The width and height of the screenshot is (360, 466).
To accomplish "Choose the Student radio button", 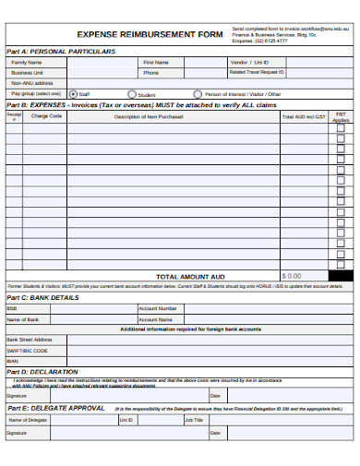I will pyautogui.click(x=131, y=94).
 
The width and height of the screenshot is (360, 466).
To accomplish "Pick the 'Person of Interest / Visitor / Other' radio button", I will pyautogui.click(x=198, y=94).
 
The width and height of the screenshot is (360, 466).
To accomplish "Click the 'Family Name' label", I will pyautogui.click(x=27, y=62).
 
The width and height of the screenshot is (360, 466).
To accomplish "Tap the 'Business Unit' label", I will pyautogui.click(x=27, y=72).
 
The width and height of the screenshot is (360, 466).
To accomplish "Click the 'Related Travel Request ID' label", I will pyautogui.click(x=257, y=72).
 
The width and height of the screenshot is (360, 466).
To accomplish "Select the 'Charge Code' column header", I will pyautogui.click(x=46, y=117).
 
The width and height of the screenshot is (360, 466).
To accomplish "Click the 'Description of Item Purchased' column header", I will pyautogui.click(x=148, y=117).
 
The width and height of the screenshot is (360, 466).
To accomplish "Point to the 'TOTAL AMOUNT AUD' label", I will pyautogui.click(x=190, y=276).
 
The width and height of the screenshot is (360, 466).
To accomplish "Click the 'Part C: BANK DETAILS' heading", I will pyautogui.click(x=43, y=298).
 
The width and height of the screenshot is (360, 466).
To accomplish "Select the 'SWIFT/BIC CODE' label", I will pyautogui.click(x=27, y=351).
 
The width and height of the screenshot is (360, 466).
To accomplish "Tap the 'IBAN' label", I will pyautogui.click(x=13, y=361).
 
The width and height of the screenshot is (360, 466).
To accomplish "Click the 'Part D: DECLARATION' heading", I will pyautogui.click(x=42, y=372).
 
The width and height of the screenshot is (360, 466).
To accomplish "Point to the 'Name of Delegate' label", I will pyautogui.click(x=27, y=420).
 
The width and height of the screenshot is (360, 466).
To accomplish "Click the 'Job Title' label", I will pyautogui.click(x=193, y=420).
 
